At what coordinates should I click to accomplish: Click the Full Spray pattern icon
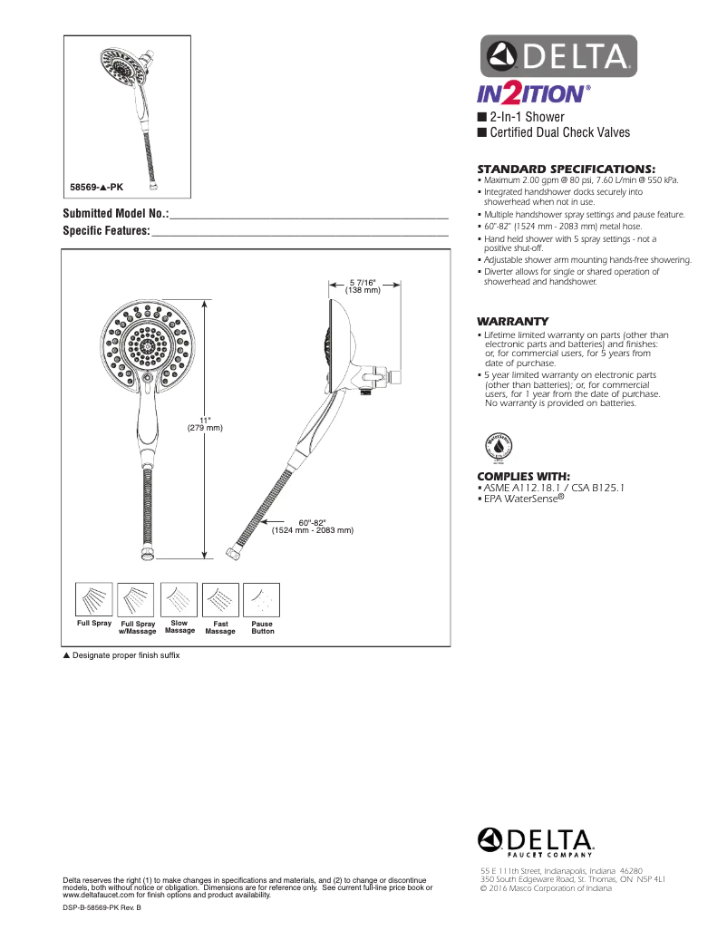pyautogui.click(x=94, y=598)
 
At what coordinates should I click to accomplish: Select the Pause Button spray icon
pyautogui.click(x=263, y=598)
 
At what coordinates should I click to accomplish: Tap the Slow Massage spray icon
pyautogui.click(x=179, y=598)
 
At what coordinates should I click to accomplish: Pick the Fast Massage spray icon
pyautogui.click(x=220, y=598)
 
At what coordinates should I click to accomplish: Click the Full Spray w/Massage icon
pyautogui.click(x=137, y=598)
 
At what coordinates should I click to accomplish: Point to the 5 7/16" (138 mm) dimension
pyautogui.click(x=363, y=286)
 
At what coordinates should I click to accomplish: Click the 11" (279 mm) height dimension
pyautogui.click(x=205, y=423)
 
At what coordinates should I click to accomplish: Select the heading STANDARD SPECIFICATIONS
pyautogui.click(x=566, y=169)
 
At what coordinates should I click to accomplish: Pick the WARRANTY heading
pyautogui.click(x=513, y=321)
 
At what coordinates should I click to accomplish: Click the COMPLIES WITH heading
pyautogui.click(x=523, y=476)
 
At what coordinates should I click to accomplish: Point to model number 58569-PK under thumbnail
pyautogui.click(x=97, y=187)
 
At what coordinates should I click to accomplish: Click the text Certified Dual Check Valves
pyautogui.click(x=559, y=132)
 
